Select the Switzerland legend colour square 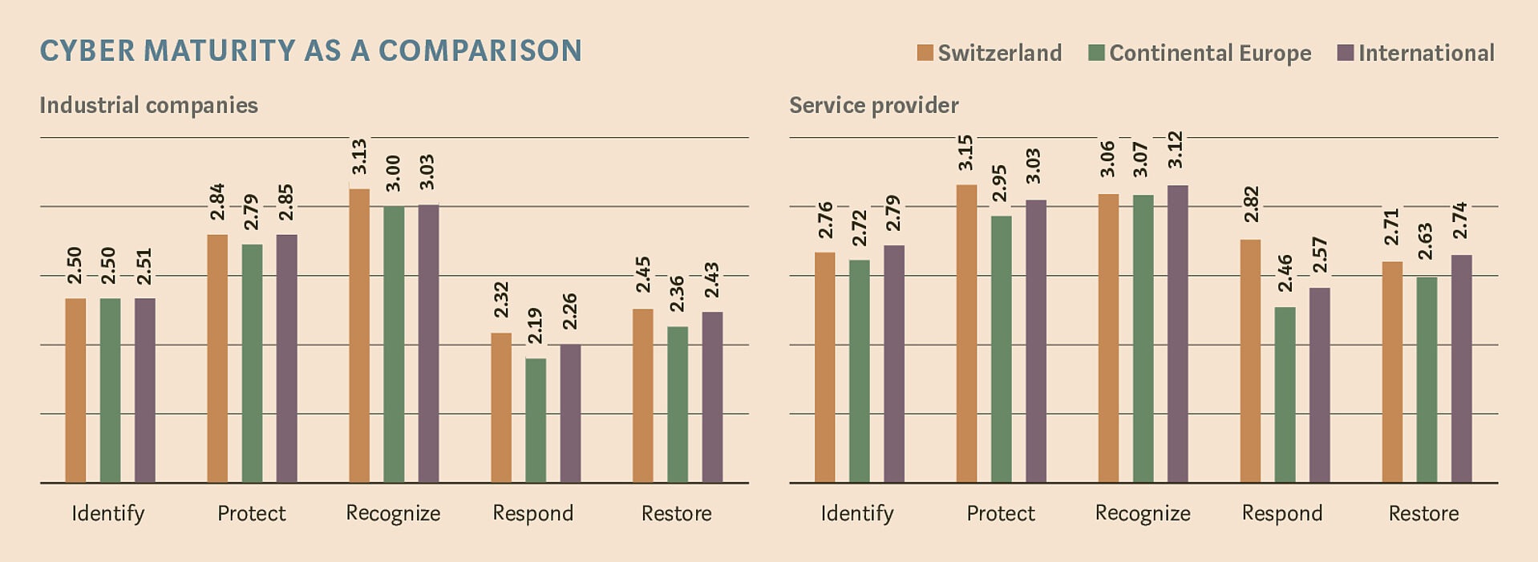(925, 53)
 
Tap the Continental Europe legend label (1210, 53)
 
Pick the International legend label (1426, 53)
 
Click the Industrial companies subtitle (148, 106)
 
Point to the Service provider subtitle (873, 106)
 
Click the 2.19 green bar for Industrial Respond (536, 420)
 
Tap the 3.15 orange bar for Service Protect (966, 334)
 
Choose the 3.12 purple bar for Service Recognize (1177, 334)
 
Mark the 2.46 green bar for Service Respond (1285, 394)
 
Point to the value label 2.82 (1250, 204)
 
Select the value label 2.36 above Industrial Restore (677, 293)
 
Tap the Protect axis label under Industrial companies (251, 513)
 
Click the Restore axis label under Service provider (1423, 513)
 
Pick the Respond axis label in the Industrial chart (532, 513)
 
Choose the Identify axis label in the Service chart (856, 513)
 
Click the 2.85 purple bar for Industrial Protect (286, 358)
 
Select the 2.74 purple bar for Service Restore (1461, 369)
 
